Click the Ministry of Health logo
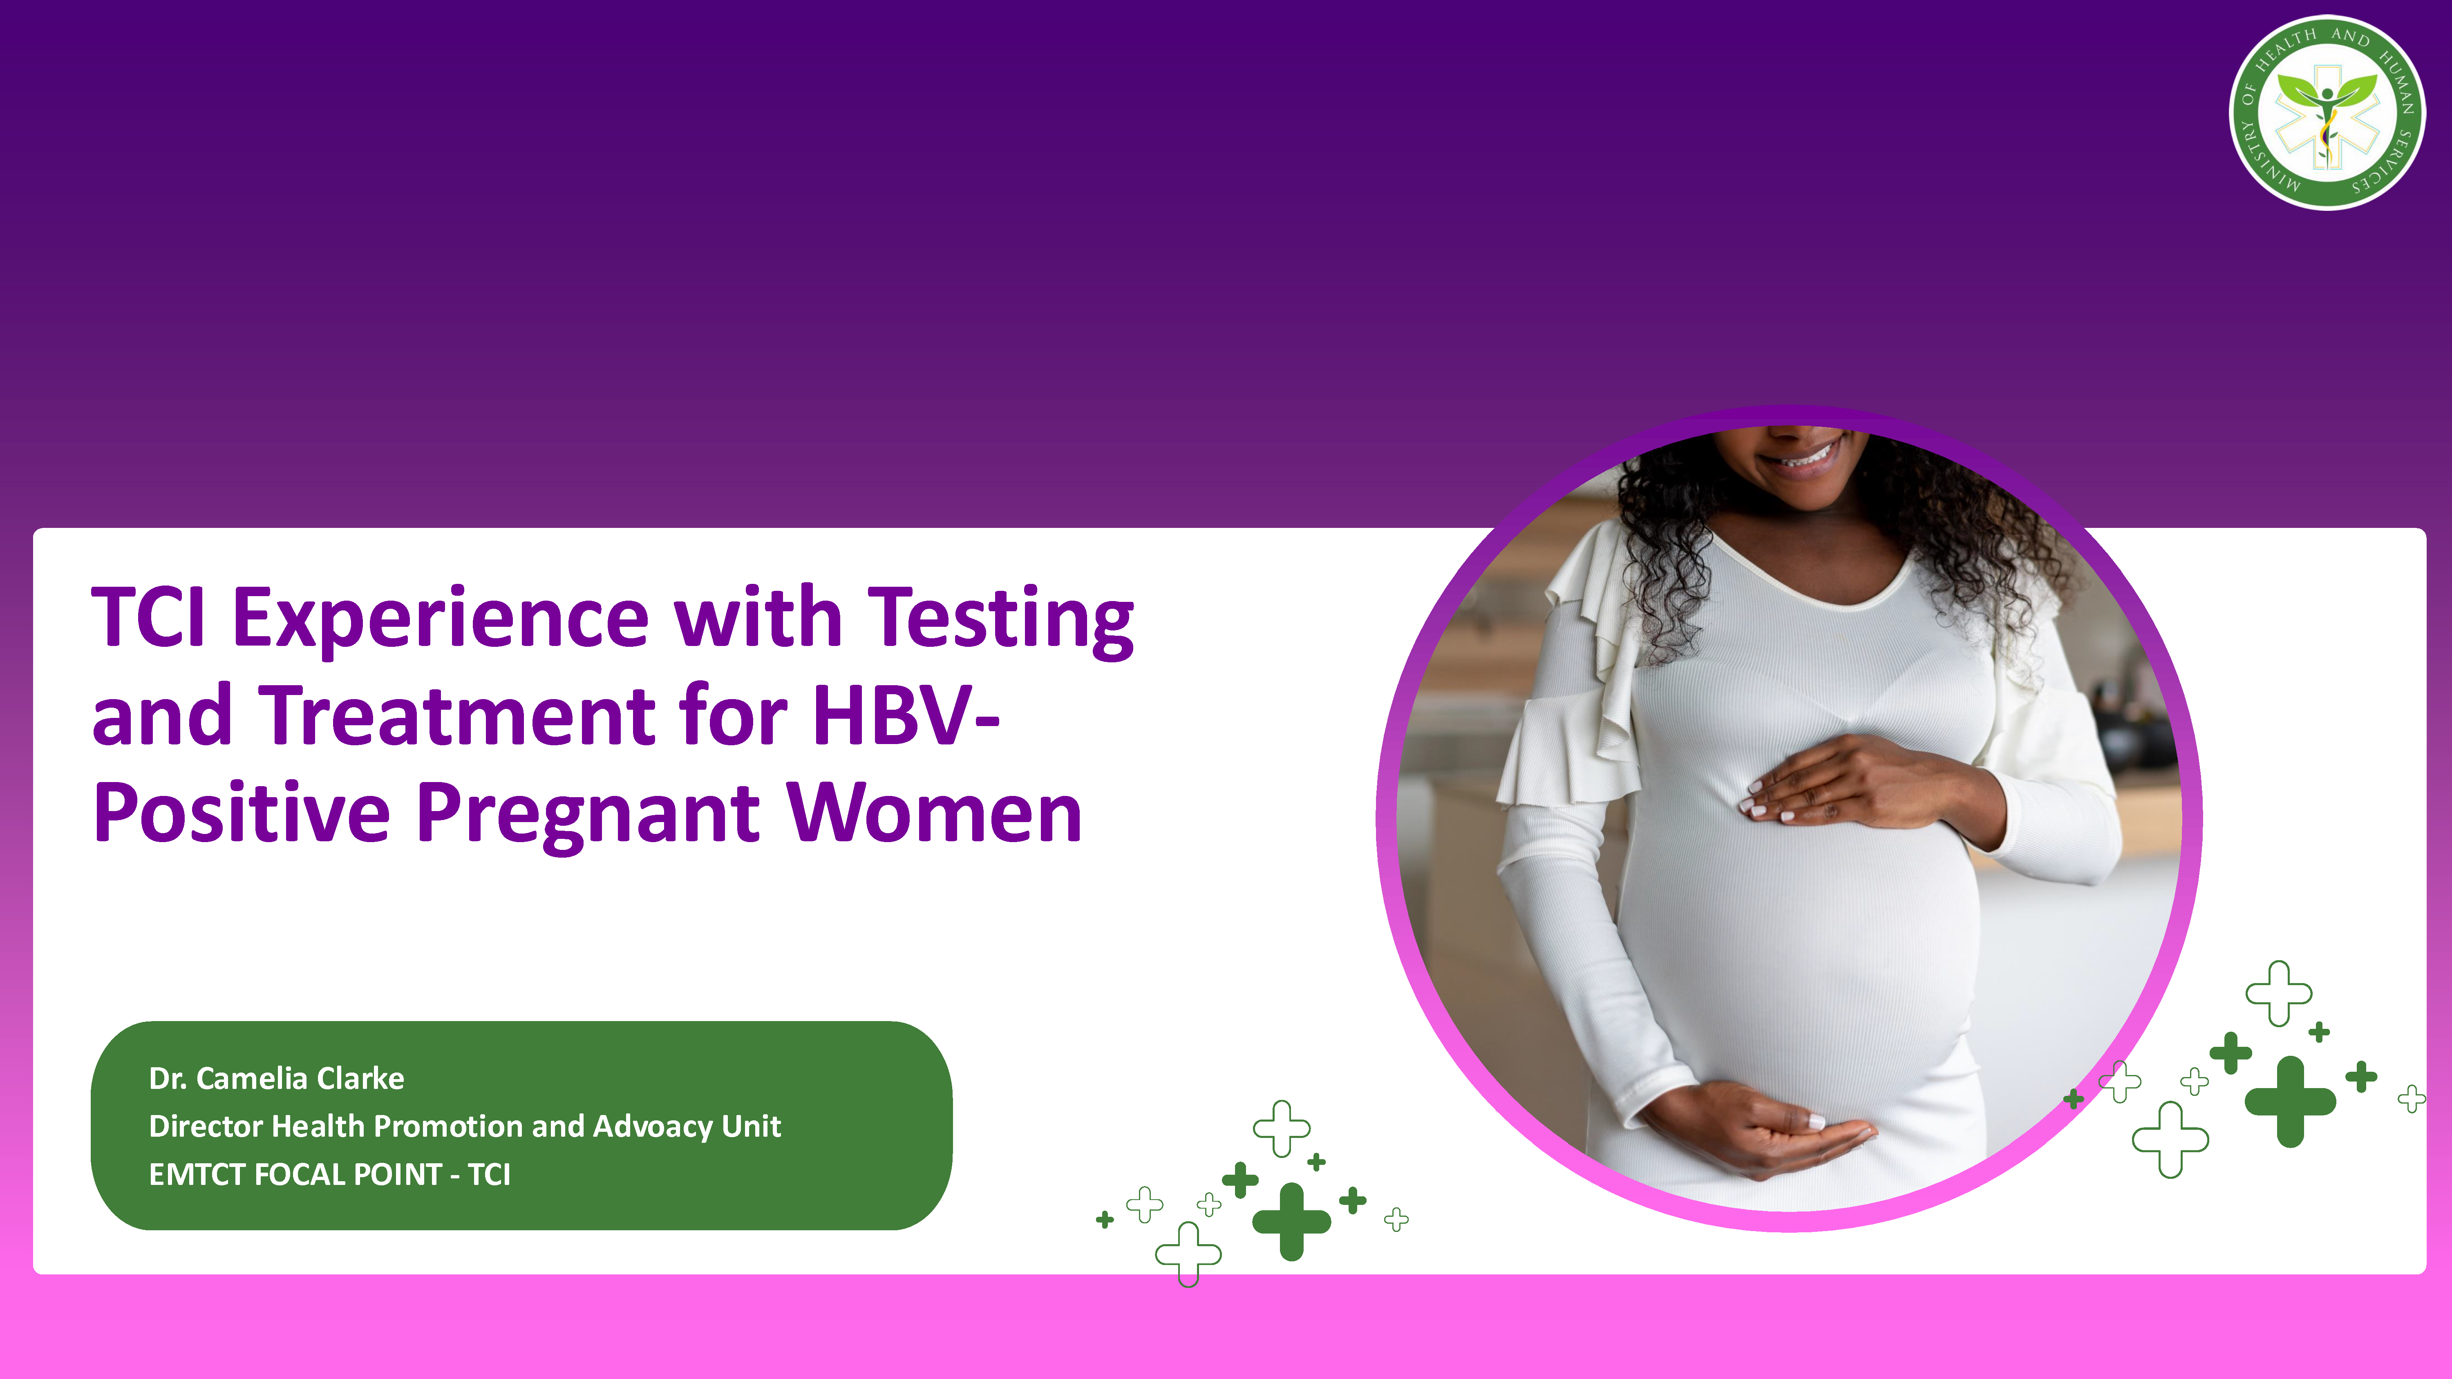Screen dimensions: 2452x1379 (2327, 112)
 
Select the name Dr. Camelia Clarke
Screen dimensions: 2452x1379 (276, 1078)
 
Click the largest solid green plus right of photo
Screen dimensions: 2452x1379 (2290, 1101)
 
